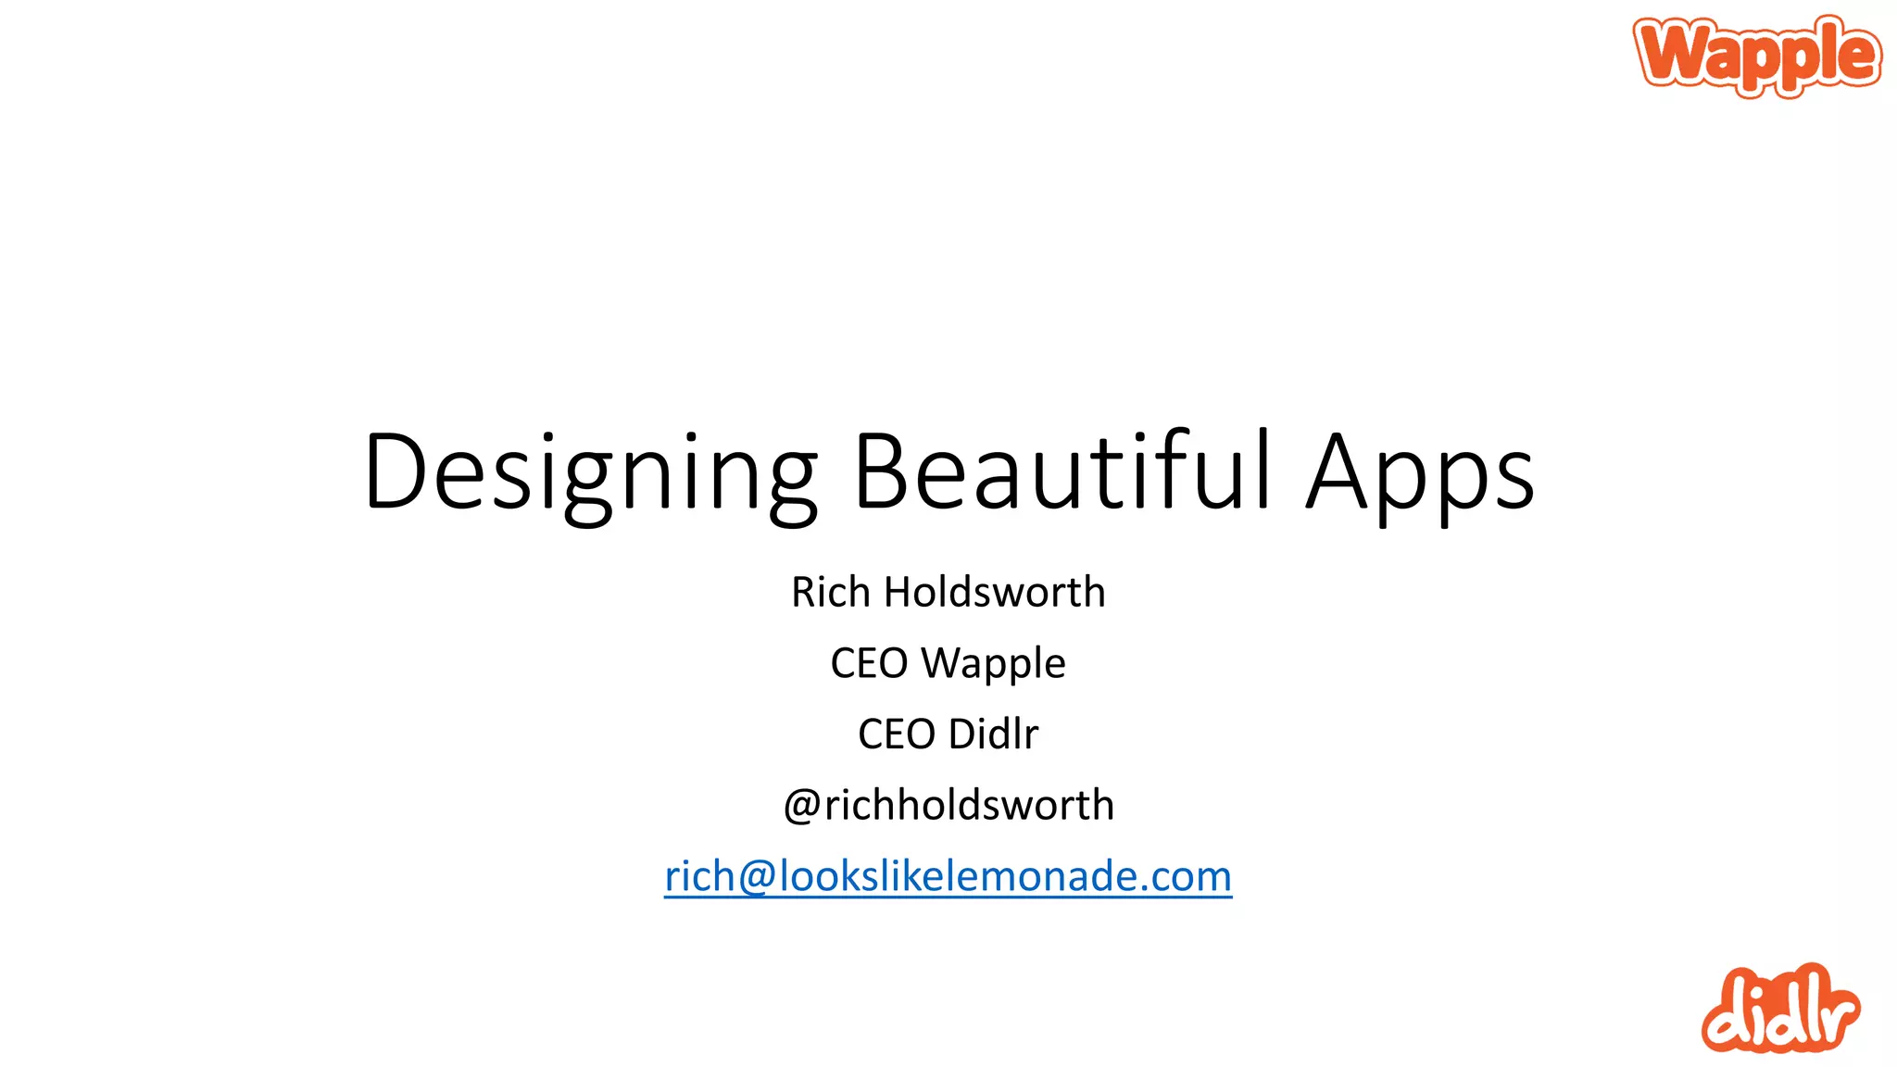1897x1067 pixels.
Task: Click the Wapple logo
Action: [x=1757, y=55]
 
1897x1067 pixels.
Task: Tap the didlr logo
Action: [x=1779, y=1010]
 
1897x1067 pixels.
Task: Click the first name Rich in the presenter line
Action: [x=831, y=592]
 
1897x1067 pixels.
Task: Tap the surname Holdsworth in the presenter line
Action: [x=995, y=592]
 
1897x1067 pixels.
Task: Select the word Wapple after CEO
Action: [x=993, y=664]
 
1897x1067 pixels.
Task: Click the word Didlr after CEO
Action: [x=993, y=734]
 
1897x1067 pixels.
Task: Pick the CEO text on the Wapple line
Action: [x=869, y=663]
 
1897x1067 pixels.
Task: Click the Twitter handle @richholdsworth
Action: [x=948, y=805]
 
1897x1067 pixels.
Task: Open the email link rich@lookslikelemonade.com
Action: [x=948, y=876]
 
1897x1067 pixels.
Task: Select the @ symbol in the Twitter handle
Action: [x=802, y=806]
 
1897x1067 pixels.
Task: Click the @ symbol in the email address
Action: [x=757, y=877]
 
